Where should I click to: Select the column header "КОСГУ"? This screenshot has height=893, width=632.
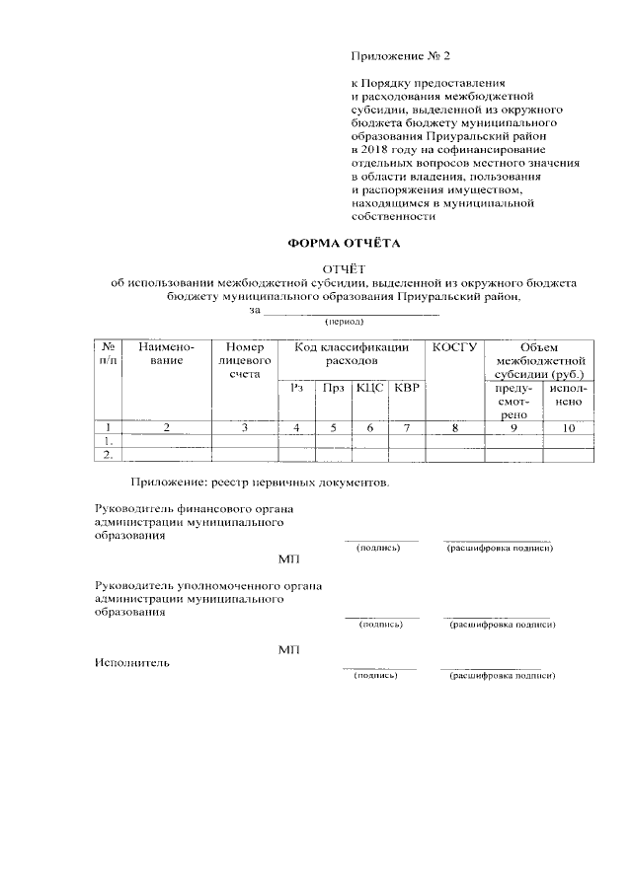click(454, 347)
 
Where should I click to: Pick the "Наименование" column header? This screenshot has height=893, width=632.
click(167, 354)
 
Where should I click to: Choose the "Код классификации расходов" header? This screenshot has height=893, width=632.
click(352, 354)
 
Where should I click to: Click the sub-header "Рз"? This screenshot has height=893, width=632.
click(295, 388)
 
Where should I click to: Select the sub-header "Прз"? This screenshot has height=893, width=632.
click(333, 388)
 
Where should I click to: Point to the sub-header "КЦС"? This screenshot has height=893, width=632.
click(369, 388)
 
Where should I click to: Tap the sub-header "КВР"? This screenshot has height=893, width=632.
click(406, 388)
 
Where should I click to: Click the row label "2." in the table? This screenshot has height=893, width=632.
click(107, 455)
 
